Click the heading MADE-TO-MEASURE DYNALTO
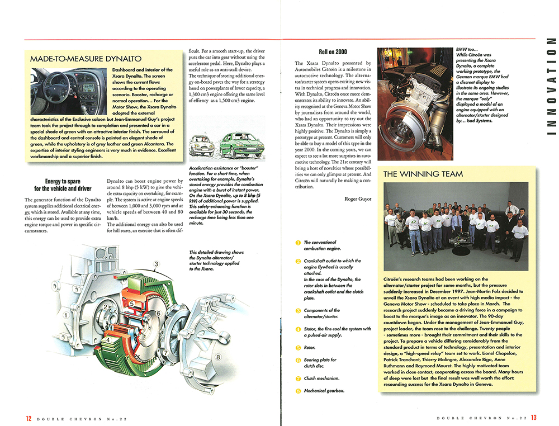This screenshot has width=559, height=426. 86,59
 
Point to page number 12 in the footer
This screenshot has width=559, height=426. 28,417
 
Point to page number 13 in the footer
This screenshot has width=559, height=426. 534,417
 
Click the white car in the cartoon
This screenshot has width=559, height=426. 202,147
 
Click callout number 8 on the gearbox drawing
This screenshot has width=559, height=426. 217,356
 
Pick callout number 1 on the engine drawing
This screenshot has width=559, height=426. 66,316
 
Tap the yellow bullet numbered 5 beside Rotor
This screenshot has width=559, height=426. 298,347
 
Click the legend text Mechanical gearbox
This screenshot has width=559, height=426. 324,391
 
